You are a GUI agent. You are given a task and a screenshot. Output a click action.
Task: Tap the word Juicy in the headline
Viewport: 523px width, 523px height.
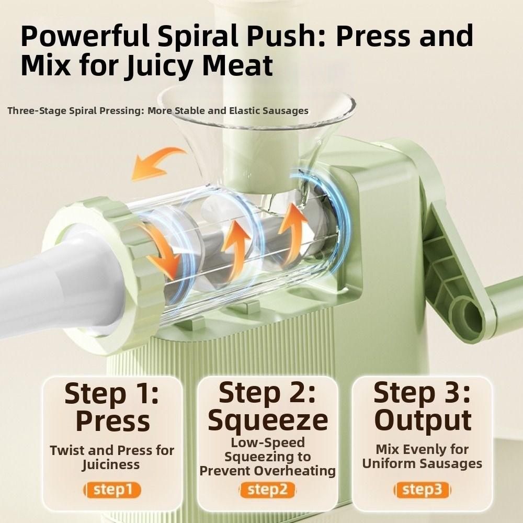pyautogui.click(x=160, y=66)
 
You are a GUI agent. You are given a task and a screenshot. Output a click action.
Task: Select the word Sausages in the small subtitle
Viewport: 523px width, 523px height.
pyautogui.click(x=285, y=110)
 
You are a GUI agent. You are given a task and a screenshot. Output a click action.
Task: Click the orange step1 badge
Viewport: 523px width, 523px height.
pyautogui.click(x=112, y=490)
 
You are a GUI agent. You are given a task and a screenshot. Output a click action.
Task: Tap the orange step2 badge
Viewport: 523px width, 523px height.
pyautogui.click(x=267, y=490)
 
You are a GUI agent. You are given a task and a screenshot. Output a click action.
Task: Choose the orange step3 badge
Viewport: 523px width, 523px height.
pyautogui.click(x=422, y=490)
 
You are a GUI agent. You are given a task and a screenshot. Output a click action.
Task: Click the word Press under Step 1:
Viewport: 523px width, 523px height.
pyautogui.click(x=113, y=420)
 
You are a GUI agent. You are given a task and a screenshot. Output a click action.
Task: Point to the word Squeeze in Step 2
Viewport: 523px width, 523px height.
pyautogui.click(x=268, y=421)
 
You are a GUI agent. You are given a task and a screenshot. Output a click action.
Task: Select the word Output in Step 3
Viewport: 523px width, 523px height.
pyautogui.click(x=423, y=420)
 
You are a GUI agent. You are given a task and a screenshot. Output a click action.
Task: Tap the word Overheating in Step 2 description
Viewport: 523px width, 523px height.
pyautogui.click(x=294, y=471)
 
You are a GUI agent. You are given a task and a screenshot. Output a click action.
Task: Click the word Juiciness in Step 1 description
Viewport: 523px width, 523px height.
pyautogui.click(x=111, y=465)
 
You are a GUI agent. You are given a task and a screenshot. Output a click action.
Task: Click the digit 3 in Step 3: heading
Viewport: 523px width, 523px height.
pyautogui.click(x=449, y=393)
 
